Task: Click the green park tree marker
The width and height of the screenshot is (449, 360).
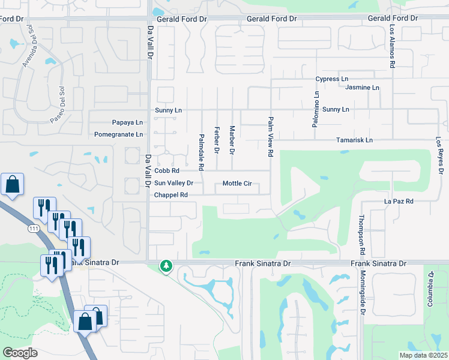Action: pos(166,265)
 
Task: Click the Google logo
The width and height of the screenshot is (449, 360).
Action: pos(20,352)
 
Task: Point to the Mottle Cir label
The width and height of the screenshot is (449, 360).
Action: pos(237,183)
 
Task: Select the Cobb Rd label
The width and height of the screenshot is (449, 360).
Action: pos(167,171)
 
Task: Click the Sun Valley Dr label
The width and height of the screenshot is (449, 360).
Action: pos(173,183)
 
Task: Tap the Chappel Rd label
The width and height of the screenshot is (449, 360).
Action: pos(171,195)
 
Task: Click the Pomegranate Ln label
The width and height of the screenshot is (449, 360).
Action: pos(119,134)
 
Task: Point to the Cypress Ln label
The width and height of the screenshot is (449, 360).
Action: pos(332,79)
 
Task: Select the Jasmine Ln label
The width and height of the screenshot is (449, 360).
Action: pos(363,88)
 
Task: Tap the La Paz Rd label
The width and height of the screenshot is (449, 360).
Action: pos(399,202)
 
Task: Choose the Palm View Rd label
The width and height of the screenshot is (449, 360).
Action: pos(271,137)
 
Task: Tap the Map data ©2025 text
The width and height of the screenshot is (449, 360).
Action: pos(423,355)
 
